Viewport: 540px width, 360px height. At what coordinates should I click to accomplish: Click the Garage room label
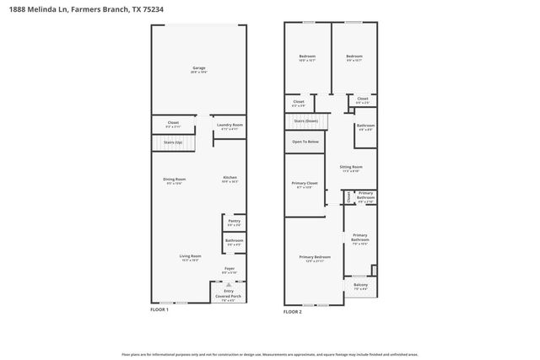tap(199, 69)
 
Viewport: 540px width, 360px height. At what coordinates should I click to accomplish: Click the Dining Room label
tap(175, 180)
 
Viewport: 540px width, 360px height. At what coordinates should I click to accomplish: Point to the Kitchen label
tap(229, 180)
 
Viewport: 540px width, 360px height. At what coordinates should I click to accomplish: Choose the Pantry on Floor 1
tap(234, 222)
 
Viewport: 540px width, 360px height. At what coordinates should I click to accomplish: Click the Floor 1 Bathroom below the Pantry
tap(234, 242)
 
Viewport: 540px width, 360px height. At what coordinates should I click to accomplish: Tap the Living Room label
tap(190, 257)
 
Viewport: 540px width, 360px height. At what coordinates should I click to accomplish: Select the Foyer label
tap(229, 270)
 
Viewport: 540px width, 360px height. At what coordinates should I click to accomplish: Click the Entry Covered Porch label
tap(229, 295)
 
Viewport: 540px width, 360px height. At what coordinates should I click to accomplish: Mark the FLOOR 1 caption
tap(159, 310)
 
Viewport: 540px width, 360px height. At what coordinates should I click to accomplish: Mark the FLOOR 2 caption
tap(293, 311)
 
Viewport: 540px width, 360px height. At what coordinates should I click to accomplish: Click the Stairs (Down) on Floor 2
tap(305, 121)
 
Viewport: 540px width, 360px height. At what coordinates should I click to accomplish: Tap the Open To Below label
tap(305, 142)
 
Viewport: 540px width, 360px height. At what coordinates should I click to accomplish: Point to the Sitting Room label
tap(350, 169)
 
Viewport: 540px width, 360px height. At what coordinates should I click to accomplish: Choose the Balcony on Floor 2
tap(360, 286)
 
